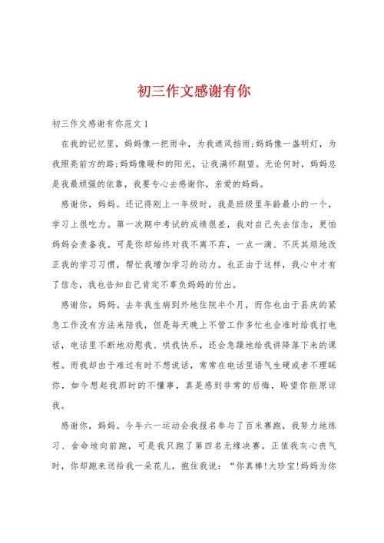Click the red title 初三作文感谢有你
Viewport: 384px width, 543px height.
(x=192, y=91)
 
